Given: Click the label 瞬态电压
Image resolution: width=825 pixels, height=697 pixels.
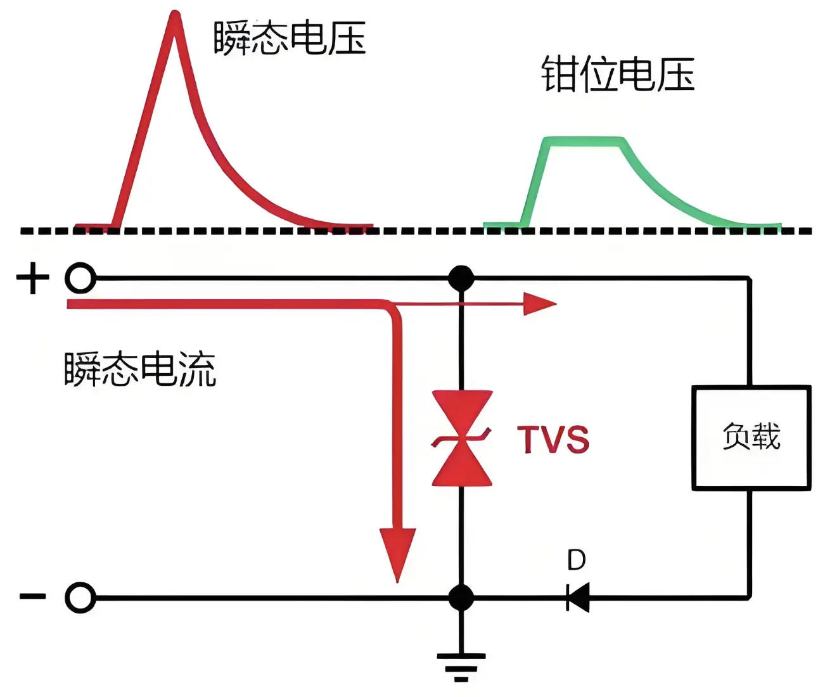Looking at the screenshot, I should click(x=290, y=38).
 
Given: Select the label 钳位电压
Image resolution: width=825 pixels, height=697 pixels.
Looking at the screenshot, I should click(x=618, y=75).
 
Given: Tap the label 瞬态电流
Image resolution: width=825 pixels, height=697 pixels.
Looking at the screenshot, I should click(x=140, y=369).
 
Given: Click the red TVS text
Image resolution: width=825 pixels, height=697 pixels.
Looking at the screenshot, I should click(x=553, y=439).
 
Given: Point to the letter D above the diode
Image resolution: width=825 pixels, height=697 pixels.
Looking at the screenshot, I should click(x=576, y=560).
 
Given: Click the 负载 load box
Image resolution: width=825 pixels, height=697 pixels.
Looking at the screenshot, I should click(x=751, y=437).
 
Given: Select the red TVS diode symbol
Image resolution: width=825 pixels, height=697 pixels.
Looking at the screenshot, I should click(x=461, y=438).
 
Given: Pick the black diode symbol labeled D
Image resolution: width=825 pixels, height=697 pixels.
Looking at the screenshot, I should click(x=578, y=597).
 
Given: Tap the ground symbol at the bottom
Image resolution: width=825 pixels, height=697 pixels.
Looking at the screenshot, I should click(x=461, y=665).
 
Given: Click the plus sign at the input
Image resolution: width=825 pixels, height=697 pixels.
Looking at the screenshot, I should click(x=32, y=279).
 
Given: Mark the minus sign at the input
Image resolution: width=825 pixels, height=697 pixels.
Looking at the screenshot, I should click(x=32, y=596).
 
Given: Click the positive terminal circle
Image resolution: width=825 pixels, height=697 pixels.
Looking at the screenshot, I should click(x=80, y=278).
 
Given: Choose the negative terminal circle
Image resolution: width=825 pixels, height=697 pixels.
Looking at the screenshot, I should click(x=80, y=598).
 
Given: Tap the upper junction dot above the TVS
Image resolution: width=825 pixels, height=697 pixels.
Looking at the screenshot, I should click(x=461, y=278).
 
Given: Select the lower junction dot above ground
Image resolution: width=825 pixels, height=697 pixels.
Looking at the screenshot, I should click(x=461, y=598).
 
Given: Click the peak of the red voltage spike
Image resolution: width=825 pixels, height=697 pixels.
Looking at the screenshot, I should click(x=174, y=16).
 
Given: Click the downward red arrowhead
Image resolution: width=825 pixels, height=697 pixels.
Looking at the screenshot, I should click(x=397, y=551).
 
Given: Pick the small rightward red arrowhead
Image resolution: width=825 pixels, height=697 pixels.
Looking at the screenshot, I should click(x=540, y=304).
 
